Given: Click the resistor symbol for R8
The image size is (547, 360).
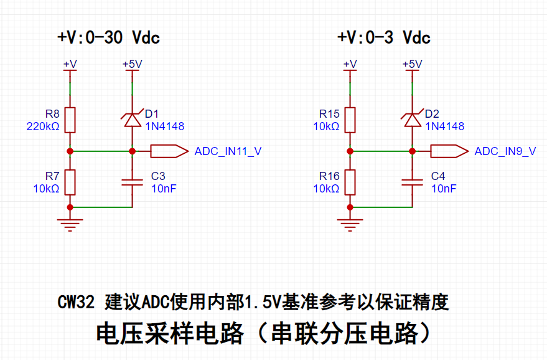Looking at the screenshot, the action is tap(70, 120).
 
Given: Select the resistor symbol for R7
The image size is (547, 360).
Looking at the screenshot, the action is tap(70, 182).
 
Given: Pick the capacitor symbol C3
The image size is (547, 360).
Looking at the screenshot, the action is tap(132, 182).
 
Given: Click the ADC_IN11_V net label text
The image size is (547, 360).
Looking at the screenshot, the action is tap(228, 151).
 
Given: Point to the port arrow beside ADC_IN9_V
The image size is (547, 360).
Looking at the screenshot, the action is tap(449, 151).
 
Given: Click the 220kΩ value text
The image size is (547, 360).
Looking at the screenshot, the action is tap(43, 126).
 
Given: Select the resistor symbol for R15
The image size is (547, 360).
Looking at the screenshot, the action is tap(350, 120).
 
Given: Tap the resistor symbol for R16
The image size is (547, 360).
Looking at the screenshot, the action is tap(350, 182).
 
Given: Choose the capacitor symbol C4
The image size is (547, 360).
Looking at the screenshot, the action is tap(413, 182).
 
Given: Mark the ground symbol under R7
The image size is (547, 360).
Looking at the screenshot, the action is tap(70, 225).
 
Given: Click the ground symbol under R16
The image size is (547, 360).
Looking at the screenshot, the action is tap(350, 225).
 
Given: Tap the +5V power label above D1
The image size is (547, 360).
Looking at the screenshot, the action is tap(132, 64).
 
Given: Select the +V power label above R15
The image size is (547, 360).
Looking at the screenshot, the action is tap(350, 64).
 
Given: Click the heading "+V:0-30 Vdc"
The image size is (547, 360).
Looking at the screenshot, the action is tap(108, 37).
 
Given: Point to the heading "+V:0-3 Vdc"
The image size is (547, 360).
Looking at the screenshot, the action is tap(384, 37).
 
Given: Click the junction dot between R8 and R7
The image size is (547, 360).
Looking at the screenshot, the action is tap(70, 151).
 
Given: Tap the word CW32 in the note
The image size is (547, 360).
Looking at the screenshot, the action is tap(76, 302).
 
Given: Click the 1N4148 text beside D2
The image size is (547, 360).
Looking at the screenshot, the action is tap(445, 126).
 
